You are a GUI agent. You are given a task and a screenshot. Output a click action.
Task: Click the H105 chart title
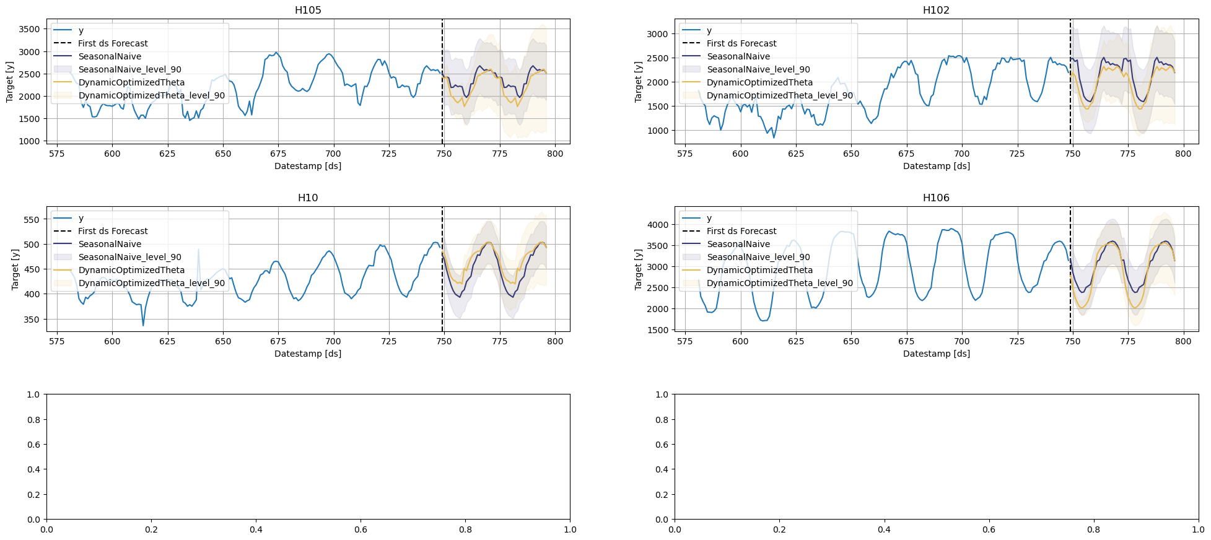pyautogui.click(x=308, y=10)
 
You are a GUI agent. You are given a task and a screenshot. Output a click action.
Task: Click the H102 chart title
pyautogui.click(x=935, y=10)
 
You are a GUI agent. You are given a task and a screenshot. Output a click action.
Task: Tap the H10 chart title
pyautogui.click(x=308, y=198)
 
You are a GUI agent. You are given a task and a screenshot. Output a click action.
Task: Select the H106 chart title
pyautogui.click(x=935, y=198)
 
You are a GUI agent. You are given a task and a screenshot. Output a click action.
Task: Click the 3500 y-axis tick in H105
pyautogui.click(x=29, y=29)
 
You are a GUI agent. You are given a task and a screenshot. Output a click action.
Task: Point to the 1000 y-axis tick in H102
pyautogui.click(x=658, y=131)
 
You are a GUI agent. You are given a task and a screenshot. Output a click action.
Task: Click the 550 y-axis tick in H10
pyautogui.click(x=32, y=220)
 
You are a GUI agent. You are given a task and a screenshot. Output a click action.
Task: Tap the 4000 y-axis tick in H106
pyautogui.click(x=658, y=225)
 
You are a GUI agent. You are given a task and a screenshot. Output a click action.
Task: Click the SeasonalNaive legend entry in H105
pyautogui.click(x=110, y=56)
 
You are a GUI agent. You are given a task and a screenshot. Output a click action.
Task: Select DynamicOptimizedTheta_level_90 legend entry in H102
pyautogui.click(x=779, y=95)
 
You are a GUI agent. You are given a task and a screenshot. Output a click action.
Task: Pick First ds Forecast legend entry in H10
pyautogui.click(x=113, y=231)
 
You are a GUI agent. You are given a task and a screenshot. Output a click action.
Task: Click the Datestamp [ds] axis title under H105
pyautogui.click(x=308, y=166)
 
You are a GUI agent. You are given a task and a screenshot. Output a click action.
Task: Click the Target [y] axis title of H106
pyautogui.click(x=638, y=269)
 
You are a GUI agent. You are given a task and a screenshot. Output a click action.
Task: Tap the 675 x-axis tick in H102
pyautogui.click(x=906, y=154)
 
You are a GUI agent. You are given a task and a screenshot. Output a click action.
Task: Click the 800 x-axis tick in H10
pyautogui.click(x=555, y=341)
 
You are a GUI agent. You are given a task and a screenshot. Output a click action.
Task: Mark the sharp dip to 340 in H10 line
pyautogui.click(x=143, y=325)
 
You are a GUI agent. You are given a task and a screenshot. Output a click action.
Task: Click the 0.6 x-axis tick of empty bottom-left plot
pyautogui.click(x=361, y=529)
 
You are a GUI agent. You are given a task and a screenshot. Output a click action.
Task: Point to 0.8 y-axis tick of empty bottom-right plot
pyautogui.click(x=662, y=419)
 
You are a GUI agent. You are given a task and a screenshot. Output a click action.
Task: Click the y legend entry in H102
pyautogui.click(x=709, y=30)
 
